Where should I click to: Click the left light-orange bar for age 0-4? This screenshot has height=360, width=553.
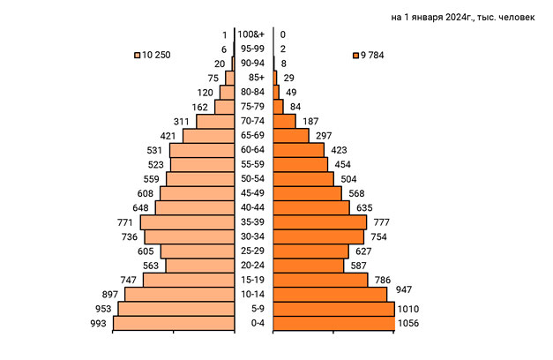tap(174, 324)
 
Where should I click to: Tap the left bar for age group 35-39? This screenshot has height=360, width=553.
tap(187, 222)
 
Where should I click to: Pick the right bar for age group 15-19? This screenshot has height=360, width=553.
tap(320, 280)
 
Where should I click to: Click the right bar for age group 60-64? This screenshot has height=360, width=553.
tap(299, 150)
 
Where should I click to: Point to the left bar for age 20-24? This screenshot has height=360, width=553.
tap(199, 266)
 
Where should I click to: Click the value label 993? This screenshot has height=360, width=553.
tap(98, 324)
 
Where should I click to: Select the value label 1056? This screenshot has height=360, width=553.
tap(408, 324)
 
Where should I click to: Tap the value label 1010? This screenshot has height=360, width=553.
tap(407, 309)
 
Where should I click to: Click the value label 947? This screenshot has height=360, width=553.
tap(404, 289)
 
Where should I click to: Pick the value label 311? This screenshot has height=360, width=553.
tap(182, 121)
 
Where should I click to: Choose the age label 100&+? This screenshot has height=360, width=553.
tap(255, 35)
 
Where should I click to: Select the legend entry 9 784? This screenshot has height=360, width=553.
tap(369, 56)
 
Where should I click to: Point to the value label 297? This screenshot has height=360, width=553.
tap(323, 135)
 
